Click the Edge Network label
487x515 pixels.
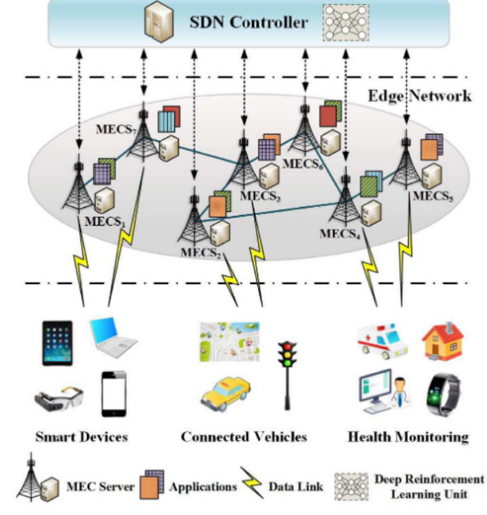(419, 95)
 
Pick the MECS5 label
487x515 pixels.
(433, 197)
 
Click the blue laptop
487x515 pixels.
(112, 338)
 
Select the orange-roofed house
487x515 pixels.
(442, 339)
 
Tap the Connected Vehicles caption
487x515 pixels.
(243, 437)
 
